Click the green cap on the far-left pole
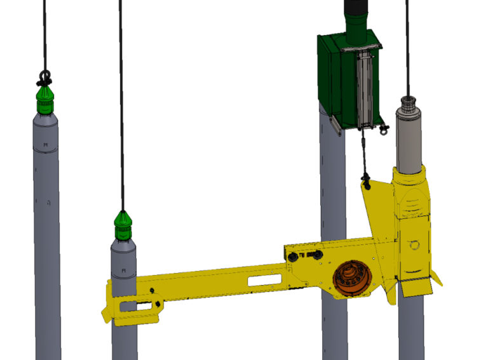(x=45, y=101)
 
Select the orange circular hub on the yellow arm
(x=349, y=279)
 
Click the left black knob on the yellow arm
(x=293, y=256)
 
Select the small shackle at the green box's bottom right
(x=384, y=130)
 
